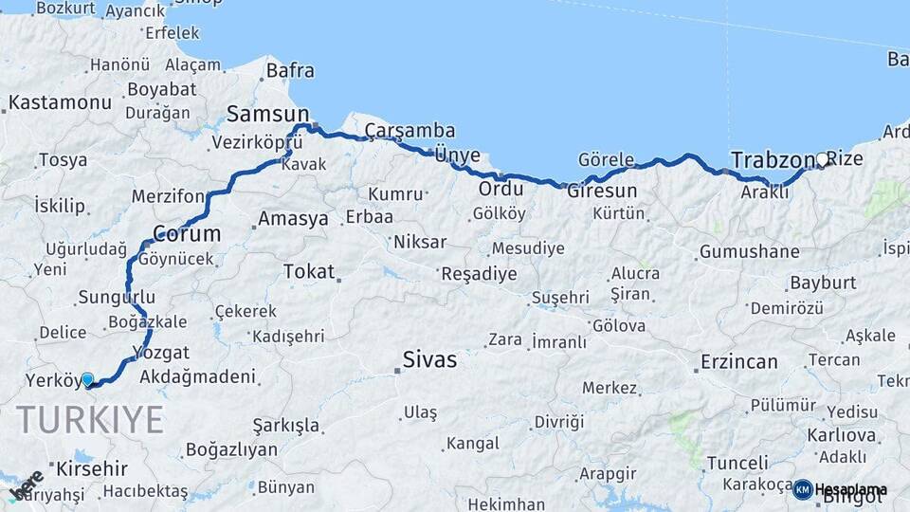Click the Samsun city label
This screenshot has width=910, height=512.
point(254,115)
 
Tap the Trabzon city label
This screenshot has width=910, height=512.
point(773,159)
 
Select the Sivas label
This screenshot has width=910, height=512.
point(429,360)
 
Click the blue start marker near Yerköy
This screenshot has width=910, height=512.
point(87,380)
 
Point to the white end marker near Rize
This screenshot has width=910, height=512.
point(822,160)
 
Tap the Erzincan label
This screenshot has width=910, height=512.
point(738,361)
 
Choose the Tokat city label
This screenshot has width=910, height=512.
point(309,272)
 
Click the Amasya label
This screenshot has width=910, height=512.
point(293,219)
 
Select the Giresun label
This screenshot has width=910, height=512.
point(602,191)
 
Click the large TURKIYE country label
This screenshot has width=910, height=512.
point(90,419)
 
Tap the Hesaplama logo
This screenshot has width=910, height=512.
point(840,489)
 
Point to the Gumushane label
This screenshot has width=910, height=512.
point(749,252)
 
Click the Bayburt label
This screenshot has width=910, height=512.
point(823,283)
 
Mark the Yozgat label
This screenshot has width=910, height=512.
point(155,352)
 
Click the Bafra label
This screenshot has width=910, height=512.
point(290,70)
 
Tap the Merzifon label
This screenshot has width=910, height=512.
point(168,196)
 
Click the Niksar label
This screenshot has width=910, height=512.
point(419,242)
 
